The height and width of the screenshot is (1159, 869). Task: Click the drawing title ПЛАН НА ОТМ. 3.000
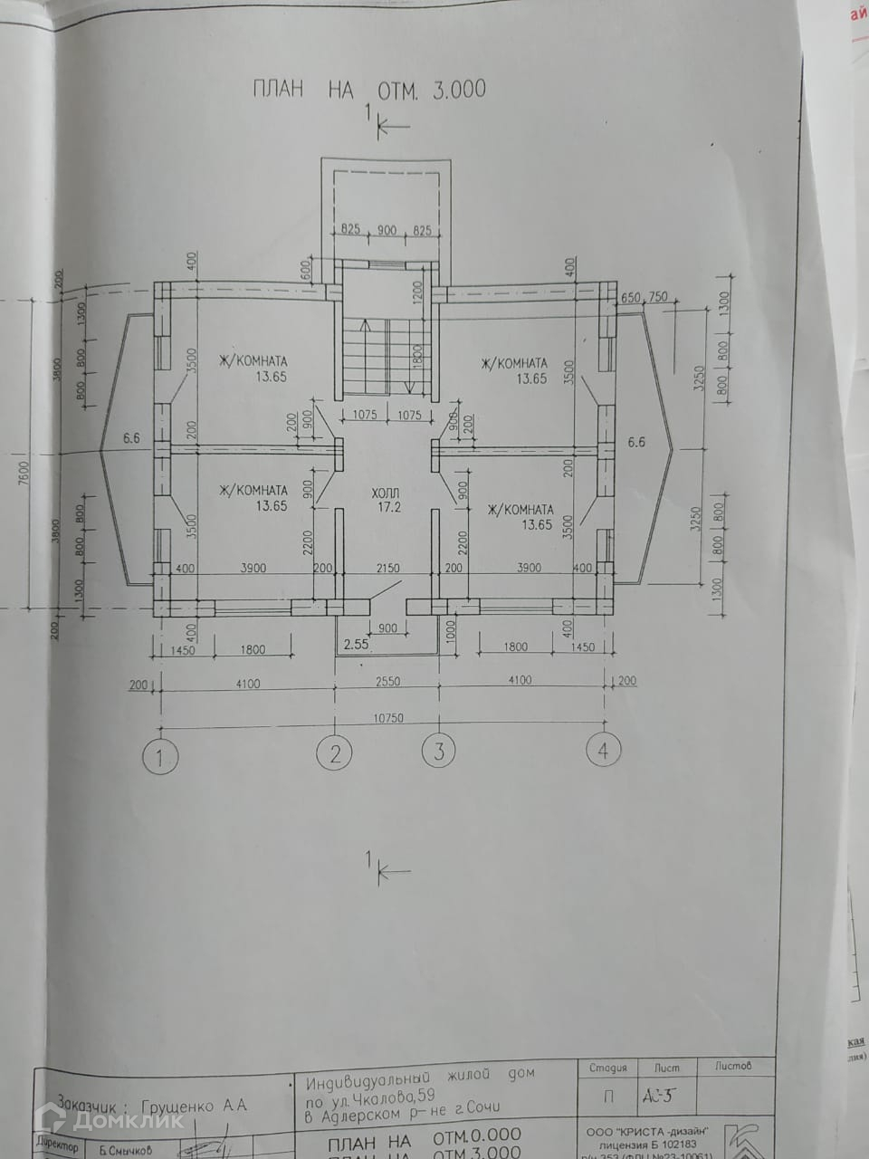pos(368,89)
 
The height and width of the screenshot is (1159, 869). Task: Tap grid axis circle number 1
pos(162,754)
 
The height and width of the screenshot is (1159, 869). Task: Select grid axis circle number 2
pos(336,752)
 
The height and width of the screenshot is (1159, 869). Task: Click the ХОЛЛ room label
pos(386,494)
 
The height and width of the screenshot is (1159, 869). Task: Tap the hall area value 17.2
pos(387,509)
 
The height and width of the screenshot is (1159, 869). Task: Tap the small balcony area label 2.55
pos(356,646)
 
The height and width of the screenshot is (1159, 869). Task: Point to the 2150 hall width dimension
pos(387,568)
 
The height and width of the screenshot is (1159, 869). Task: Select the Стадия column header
pos(607,1068)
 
